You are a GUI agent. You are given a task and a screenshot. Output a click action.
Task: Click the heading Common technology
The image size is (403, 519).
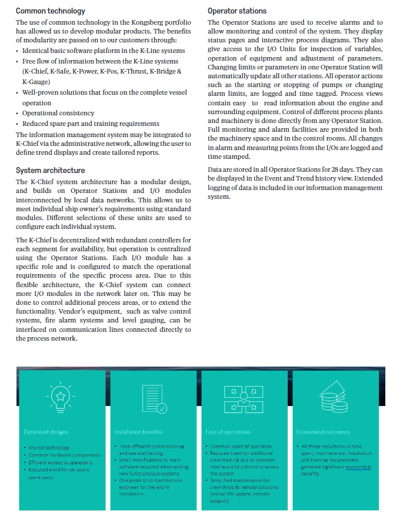50,11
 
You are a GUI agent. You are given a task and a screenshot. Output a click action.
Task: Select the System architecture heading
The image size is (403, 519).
53,171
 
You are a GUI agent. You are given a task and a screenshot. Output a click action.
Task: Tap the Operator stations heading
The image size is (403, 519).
237,11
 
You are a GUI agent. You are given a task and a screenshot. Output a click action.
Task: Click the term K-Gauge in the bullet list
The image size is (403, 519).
36,82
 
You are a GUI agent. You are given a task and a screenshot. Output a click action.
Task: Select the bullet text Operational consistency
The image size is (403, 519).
58,113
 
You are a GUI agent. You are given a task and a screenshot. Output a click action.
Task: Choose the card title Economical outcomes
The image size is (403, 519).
324,432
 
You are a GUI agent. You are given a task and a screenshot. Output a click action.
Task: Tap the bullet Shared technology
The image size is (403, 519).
49,448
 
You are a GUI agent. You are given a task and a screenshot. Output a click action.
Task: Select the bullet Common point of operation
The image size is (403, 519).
241,447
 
